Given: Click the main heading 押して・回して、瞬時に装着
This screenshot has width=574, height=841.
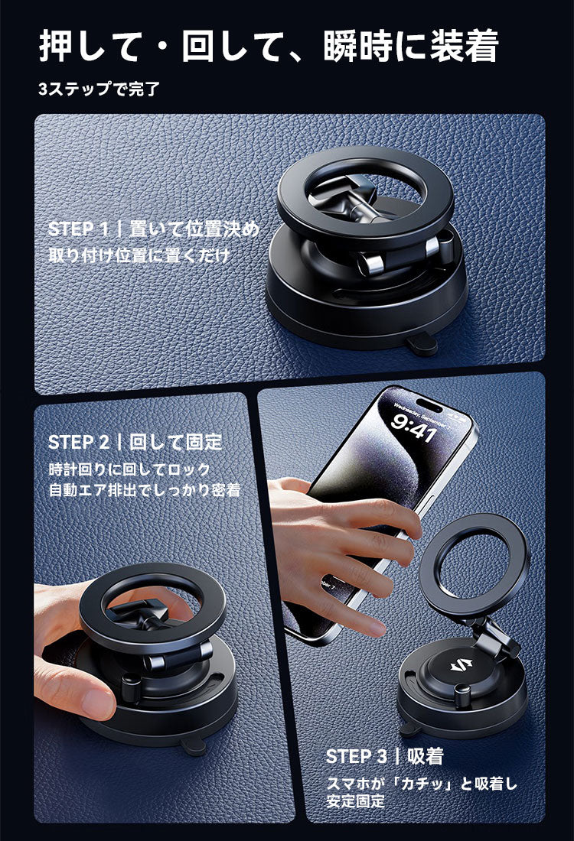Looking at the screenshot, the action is point(269,46).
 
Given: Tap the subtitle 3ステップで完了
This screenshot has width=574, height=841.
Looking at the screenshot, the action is point(99,89).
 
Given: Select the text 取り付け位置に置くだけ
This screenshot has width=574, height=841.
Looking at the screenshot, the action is point(139,255).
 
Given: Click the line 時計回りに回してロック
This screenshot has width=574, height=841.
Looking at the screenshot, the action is point(129,470).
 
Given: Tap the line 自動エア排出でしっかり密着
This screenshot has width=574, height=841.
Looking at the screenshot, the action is point(145,490).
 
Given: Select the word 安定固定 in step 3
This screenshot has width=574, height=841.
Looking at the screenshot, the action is point(355,801).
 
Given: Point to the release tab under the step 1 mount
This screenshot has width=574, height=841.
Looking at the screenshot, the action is point(422,344).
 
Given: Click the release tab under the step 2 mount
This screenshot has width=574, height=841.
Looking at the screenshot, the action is point(193,745).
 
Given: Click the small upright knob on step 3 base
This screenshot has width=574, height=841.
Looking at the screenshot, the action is point(461,696).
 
